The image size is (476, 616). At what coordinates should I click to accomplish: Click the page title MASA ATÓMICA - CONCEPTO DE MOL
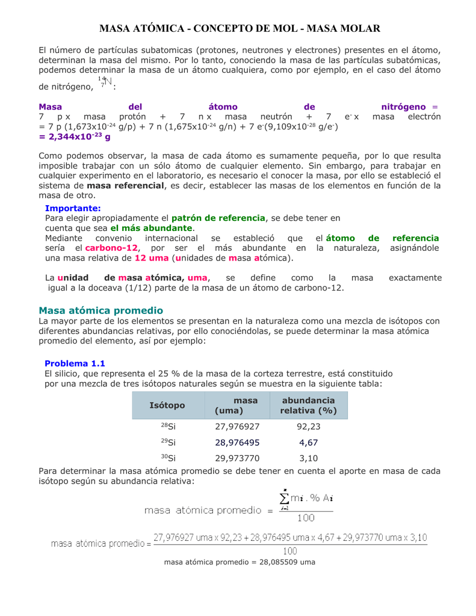click(240, 29)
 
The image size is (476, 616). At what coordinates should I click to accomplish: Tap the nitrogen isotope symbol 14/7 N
click(105, 83)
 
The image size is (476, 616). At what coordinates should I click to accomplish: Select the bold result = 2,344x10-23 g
click(75, 137)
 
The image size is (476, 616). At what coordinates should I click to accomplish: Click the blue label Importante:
click(73, 208)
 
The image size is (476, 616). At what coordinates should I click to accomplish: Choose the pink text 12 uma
click(151, 258)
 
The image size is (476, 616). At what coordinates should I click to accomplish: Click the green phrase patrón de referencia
click(218, 218)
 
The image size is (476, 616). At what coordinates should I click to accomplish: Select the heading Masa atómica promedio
click(100, 310)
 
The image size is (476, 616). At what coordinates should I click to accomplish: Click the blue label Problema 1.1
click(75, 363)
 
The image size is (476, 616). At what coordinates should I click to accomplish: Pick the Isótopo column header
click(167, 405)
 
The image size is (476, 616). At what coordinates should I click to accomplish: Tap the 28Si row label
click(168, 427)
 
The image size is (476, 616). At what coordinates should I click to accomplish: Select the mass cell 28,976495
click(237, 443)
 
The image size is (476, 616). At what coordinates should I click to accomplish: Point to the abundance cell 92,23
click(308, 427)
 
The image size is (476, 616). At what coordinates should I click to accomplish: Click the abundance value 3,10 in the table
click(308, 458)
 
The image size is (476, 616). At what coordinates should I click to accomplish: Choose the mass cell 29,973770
click(237, 458)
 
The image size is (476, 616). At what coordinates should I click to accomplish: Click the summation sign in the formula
click(285, 499)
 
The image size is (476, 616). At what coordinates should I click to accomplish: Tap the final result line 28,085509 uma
click(240, 562)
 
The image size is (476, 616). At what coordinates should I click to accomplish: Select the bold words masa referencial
click(126, 185)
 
